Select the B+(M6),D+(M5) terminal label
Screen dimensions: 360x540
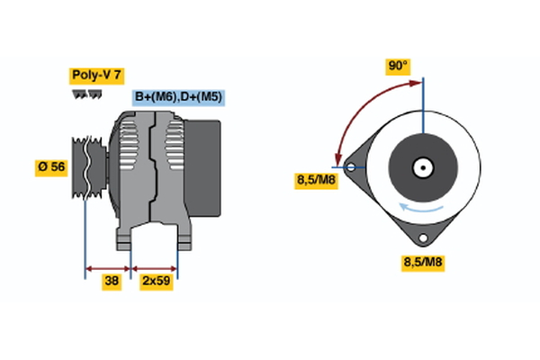(179, 97)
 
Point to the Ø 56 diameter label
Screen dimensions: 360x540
(52, 166)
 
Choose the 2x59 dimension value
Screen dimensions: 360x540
(156, 281)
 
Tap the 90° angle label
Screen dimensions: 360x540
(398, 66)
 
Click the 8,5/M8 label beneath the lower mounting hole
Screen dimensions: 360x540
(421, 263)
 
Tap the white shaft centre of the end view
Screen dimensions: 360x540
(421, 166)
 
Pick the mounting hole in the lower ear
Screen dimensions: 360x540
(421, 238)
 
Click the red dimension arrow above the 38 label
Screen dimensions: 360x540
(108, 267)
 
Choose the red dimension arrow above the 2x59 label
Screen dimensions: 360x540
(155, 267)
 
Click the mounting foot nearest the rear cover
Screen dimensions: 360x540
(183, 239)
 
